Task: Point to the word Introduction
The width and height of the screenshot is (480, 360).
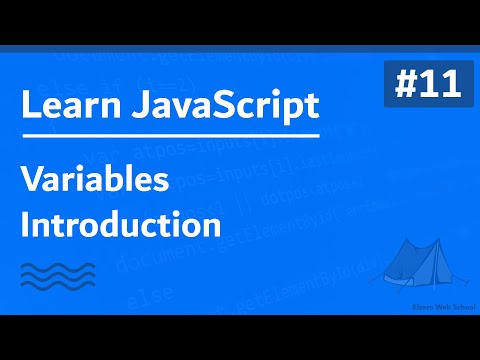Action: pos(121,223)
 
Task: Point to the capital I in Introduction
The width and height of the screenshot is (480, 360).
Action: pos(26,223)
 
